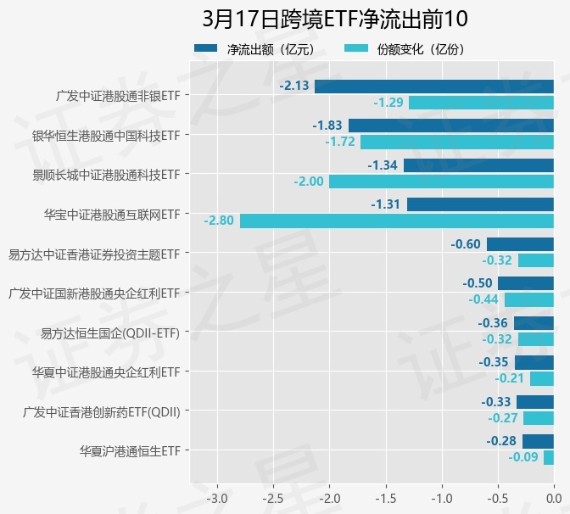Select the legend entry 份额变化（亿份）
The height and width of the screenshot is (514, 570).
[408, 49]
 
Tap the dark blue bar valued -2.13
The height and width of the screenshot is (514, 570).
[434, 86]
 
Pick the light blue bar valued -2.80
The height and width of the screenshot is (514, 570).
[397, 221]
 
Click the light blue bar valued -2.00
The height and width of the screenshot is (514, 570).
[441, 182]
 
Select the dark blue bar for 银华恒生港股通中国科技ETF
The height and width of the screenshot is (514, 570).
[451, 126]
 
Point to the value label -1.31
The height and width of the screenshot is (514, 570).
[385, 204]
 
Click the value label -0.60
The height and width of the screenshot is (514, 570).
[466, 244]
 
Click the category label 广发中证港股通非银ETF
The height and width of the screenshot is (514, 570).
[117, 95]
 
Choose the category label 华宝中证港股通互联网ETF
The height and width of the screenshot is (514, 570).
[112, 214]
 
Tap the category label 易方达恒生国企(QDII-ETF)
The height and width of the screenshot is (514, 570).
[110, 332]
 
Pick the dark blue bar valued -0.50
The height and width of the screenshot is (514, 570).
[526, 283]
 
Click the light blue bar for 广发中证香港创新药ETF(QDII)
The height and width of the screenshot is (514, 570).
[539, 418]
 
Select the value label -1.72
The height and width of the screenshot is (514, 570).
[341, 142]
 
